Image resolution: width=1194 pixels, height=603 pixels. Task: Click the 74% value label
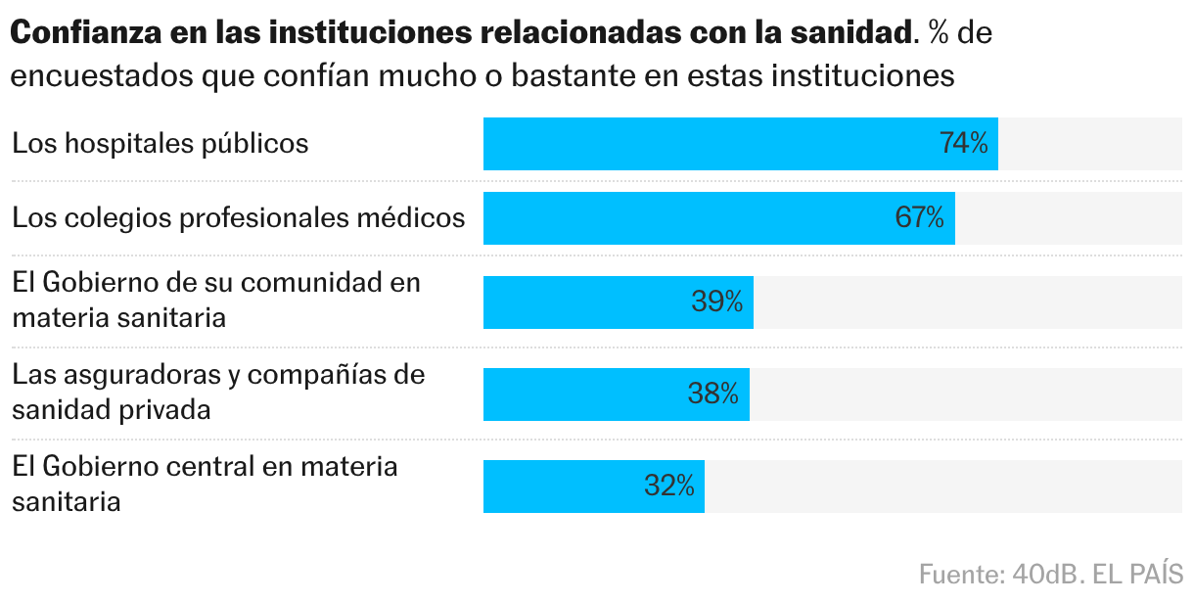(x=964, y=144)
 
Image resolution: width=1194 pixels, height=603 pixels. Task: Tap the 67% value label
(x=920, y=217)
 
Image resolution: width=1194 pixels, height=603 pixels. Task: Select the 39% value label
(x=717, y=301)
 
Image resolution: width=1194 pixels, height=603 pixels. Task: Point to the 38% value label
(x=713, y=394)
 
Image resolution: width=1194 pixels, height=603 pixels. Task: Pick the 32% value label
(x=669, y=486)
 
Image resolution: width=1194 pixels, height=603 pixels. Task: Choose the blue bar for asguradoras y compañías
(x=587, y=394)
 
